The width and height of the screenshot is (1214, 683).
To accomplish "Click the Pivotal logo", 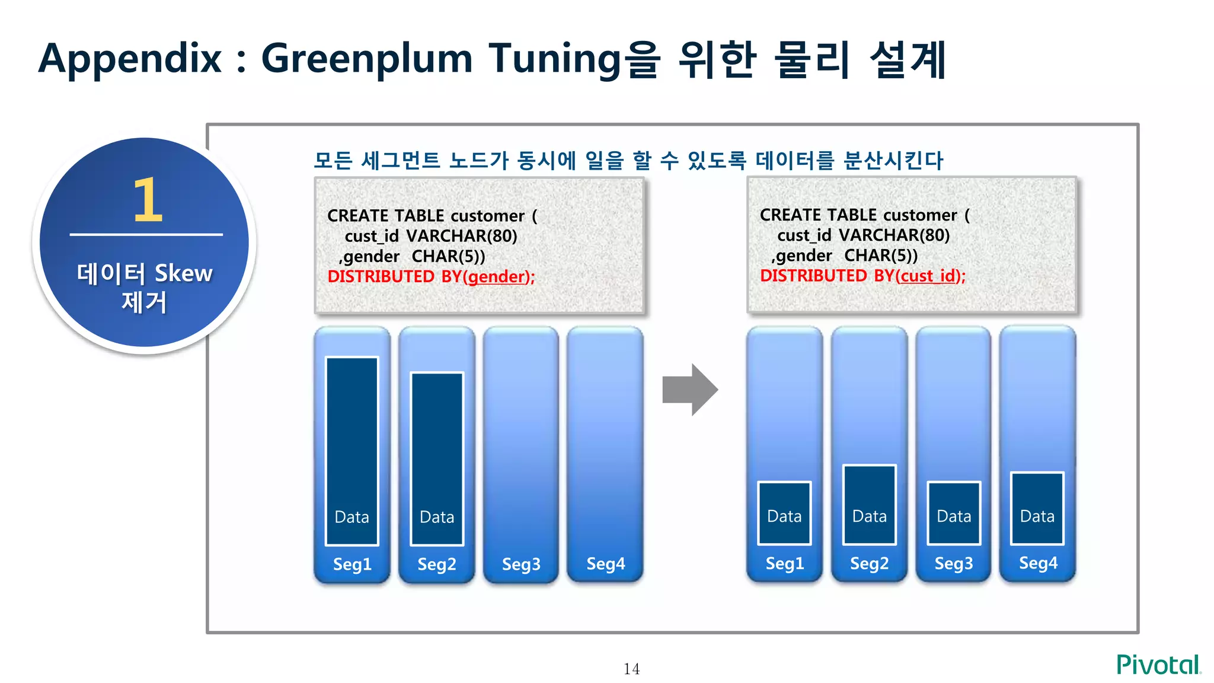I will (1158, 665).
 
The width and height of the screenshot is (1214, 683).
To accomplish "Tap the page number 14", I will (631, 669).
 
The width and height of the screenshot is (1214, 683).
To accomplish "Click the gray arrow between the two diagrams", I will (690, 390).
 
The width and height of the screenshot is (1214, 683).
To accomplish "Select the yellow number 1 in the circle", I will (147, 200).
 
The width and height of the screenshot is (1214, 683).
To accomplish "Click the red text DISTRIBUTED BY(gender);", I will (431, 277).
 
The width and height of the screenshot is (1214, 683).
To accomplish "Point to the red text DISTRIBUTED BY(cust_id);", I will (862, 276).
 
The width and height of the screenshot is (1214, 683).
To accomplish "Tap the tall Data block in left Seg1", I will (352, 451).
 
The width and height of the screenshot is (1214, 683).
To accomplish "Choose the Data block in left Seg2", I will (437, 458).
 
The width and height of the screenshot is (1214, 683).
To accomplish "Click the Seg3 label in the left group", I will (521, 564).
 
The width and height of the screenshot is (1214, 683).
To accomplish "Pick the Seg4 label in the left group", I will (605, 563).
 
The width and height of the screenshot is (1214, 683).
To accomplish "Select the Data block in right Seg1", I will (784, 513).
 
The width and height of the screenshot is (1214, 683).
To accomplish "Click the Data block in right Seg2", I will (869, 505).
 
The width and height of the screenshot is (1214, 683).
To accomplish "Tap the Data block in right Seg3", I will (954, 513).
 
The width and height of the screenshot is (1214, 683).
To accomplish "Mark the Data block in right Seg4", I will (1037, 508).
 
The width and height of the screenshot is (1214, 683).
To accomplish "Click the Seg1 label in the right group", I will (784, 563).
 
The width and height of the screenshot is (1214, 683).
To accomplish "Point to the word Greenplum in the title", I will (367, 59).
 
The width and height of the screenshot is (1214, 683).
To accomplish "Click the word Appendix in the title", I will (130, 59).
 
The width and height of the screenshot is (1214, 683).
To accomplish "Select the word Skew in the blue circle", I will (183, 273).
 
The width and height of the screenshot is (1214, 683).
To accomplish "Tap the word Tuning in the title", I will (554, 59).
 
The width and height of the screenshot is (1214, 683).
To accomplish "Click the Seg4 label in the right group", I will (1038, 563).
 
